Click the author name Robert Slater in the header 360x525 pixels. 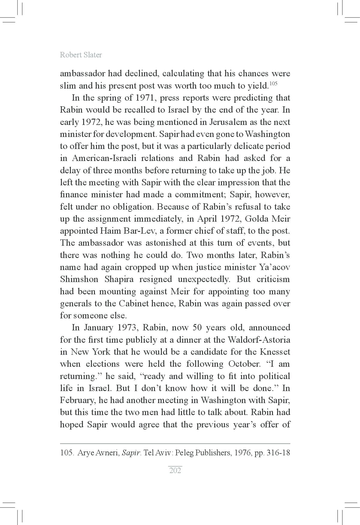(81, 55)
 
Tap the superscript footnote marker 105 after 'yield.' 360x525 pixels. (273, 83)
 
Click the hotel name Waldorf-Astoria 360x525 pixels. (259, 340)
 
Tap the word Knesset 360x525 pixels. (275, 352)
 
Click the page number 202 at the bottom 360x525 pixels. (175, 470)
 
